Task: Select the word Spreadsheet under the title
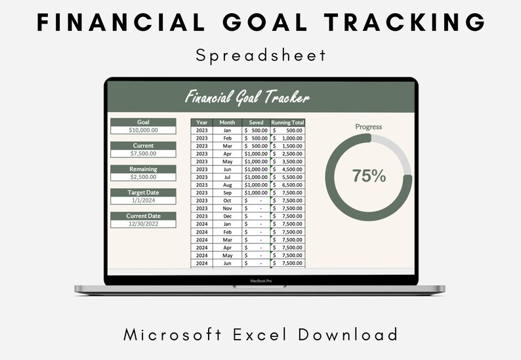260,55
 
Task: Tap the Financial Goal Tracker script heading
247,98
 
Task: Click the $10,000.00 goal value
143,130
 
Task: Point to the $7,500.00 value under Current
143,153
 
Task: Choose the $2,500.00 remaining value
143,177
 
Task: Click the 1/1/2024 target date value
143,201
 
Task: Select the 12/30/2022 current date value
143,224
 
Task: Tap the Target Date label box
143,193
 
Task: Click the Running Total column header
287,123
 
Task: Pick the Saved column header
256,123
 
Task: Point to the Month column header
227,123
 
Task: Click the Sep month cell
227,193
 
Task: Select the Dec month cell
227,216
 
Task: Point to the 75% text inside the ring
369,176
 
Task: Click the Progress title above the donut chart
368,127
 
